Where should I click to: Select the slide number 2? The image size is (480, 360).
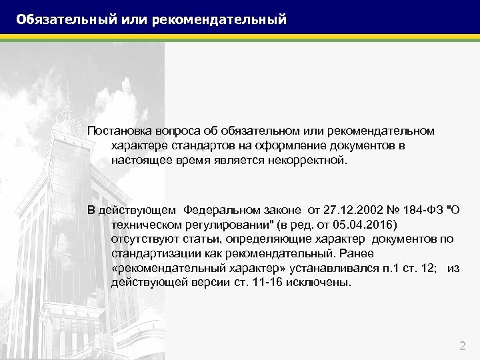pyautogui.click(x=463, y=345)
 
